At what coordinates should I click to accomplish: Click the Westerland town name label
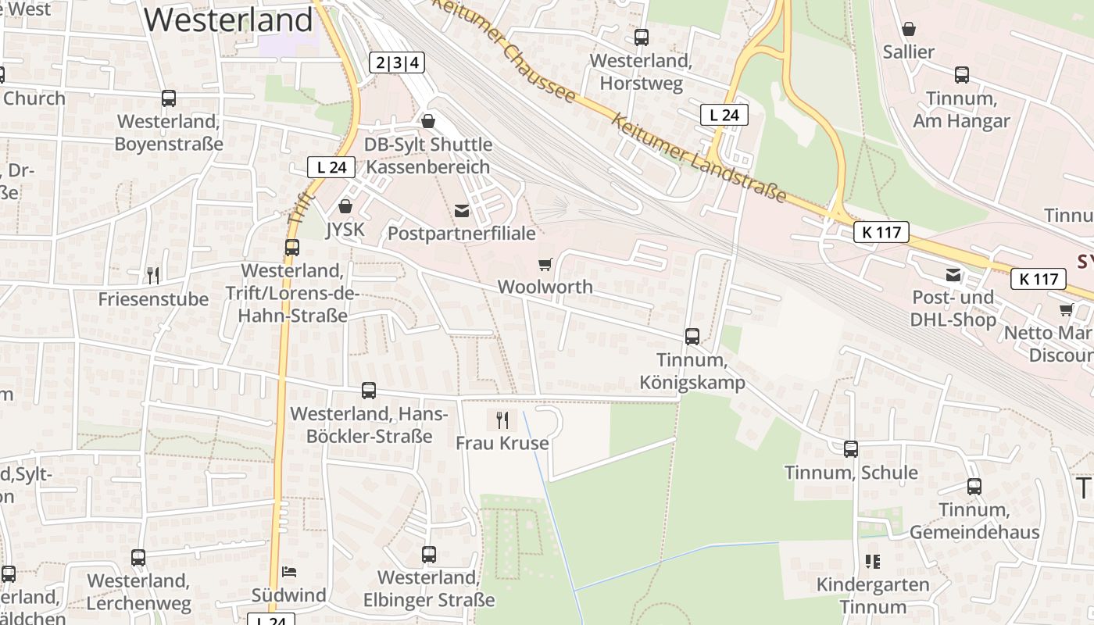click(x=228, y=20)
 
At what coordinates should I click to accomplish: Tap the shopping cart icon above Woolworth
click(x=545, y=265)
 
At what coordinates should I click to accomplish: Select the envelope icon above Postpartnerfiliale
click(x=462, y=210)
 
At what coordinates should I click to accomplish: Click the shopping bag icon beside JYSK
click(x=345, y=206)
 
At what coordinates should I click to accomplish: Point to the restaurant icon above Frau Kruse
click(x=502, y=420)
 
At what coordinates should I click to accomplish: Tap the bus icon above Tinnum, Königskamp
click(x=692, y=337)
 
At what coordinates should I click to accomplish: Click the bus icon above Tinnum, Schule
click(x=851, y=449)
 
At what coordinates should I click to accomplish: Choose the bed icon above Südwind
click(x=289, y=572)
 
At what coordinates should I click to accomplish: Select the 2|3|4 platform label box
click(x=397, y=62)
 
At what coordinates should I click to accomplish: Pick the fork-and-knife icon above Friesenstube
click(x=153, y=275)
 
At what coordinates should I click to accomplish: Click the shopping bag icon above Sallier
click(x=909, y=30)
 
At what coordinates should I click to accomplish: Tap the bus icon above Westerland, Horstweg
click(x=642, y=37)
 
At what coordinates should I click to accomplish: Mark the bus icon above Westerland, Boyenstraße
click(x=169, y=98)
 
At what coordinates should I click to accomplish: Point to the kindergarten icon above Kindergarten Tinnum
click(x=873, y=561)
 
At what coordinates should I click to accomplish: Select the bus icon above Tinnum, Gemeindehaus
click(x=974, y=487)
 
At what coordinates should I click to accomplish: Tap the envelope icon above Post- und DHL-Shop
click(x=953, y=274)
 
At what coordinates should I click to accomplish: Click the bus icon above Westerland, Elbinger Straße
click(x=429, y=555)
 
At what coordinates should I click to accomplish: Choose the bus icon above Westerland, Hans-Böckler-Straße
click(x=369, y=391)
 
